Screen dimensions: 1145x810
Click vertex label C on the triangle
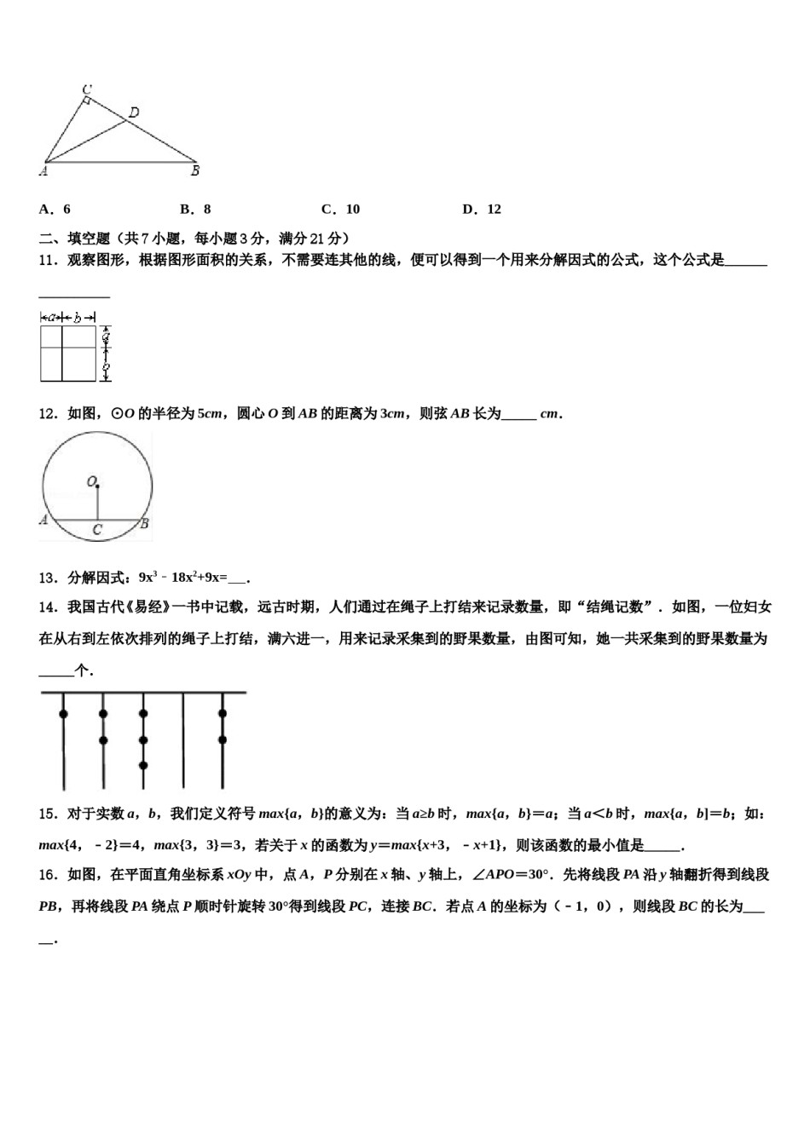pos(87,89)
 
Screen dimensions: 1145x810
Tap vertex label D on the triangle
pos(134,112)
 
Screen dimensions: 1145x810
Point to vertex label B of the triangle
pos(195,170)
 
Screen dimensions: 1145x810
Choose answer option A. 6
pos(55,209)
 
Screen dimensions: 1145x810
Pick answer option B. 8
pos(195,209)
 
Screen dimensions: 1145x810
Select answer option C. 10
pos(340,209)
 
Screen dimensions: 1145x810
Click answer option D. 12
pos(482,209)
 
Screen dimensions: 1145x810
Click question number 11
pos(48,260)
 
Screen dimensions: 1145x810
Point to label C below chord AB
pos(97,530)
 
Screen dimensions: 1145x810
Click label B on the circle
pos(145,523)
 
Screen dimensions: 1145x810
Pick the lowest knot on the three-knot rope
pos(143,766)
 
